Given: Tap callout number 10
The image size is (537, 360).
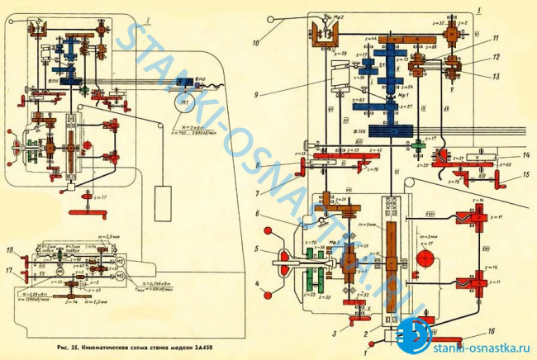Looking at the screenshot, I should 257,38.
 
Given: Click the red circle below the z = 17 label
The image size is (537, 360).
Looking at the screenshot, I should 426,258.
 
